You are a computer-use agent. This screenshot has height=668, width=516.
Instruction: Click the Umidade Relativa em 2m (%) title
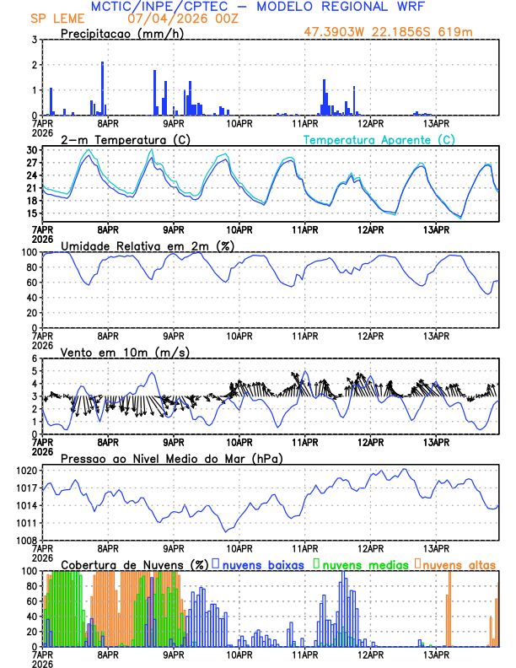(148, 245)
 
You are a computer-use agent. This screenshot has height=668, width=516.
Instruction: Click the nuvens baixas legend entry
(262, 564)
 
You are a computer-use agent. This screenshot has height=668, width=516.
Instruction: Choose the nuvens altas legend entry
(459, 564)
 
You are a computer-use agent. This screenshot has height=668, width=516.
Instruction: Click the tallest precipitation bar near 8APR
(103, 88)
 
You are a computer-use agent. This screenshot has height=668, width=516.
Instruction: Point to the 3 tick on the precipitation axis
(33, 40)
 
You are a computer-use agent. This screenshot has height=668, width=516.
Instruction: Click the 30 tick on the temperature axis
(31, 150)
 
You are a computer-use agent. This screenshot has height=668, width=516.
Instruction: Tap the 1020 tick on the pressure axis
(26, 470)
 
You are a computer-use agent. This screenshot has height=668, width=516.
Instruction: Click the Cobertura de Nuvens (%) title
(133, 564)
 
